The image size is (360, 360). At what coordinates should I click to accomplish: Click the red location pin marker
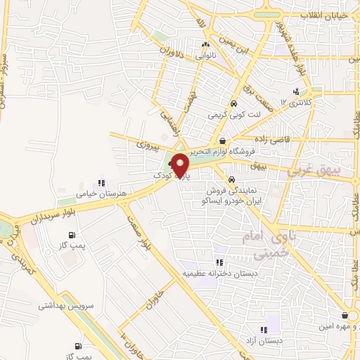[181, 165]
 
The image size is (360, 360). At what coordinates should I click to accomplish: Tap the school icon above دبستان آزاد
[263, 328]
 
